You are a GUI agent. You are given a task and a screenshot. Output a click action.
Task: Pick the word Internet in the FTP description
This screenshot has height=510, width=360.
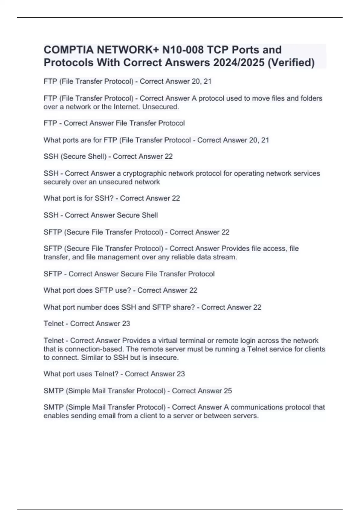click(x=127, y=107)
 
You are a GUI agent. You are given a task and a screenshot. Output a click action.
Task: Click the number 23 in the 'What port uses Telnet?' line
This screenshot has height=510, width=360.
click(x=181, y=374)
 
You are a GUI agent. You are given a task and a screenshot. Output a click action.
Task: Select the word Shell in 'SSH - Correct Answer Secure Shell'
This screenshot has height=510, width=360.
click(x=150, y=215)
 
